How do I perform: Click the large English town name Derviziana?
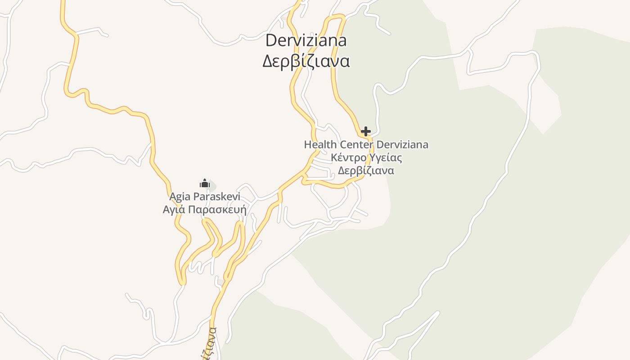coord(306,40)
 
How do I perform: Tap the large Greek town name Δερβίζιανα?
coord(306,61)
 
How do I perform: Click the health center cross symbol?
coord(366,131)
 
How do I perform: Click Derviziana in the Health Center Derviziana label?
coord(402,145)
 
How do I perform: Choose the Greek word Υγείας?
coord(385,158)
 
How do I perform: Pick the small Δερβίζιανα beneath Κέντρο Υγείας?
coord(366,171)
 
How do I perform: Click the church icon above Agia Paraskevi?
coord(205,183)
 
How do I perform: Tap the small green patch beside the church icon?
coord(212,185)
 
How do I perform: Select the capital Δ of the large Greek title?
coord(268,61)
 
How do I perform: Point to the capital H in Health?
coord(308,145)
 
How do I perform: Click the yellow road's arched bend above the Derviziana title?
coord(336,17)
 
